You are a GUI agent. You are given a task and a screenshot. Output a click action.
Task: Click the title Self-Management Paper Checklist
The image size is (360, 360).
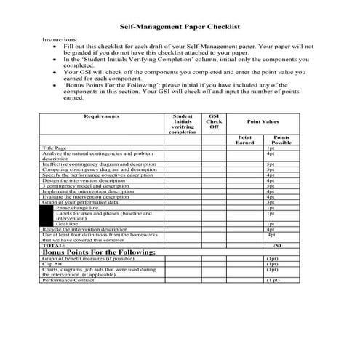click(179, 25)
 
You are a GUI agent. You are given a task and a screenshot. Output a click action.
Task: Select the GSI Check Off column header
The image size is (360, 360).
click(214, 121)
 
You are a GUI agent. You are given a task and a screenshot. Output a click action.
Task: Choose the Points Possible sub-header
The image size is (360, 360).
click(281, 140)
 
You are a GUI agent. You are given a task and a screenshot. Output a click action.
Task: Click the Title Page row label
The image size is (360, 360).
click(55, 148)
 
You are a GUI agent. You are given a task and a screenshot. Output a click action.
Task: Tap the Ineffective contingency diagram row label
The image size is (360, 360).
click(98, 164)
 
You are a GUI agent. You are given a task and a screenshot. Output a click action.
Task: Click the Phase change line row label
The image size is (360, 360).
click(77, 207)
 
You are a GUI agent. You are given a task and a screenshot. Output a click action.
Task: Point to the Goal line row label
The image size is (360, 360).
click(68, 224)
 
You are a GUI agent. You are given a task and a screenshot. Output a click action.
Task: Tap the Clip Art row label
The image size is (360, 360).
click(52, 263)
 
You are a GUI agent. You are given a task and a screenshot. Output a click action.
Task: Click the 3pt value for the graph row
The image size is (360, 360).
click(271, 202)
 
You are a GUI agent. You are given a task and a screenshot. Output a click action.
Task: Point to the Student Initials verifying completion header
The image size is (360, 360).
click(183, 124)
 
